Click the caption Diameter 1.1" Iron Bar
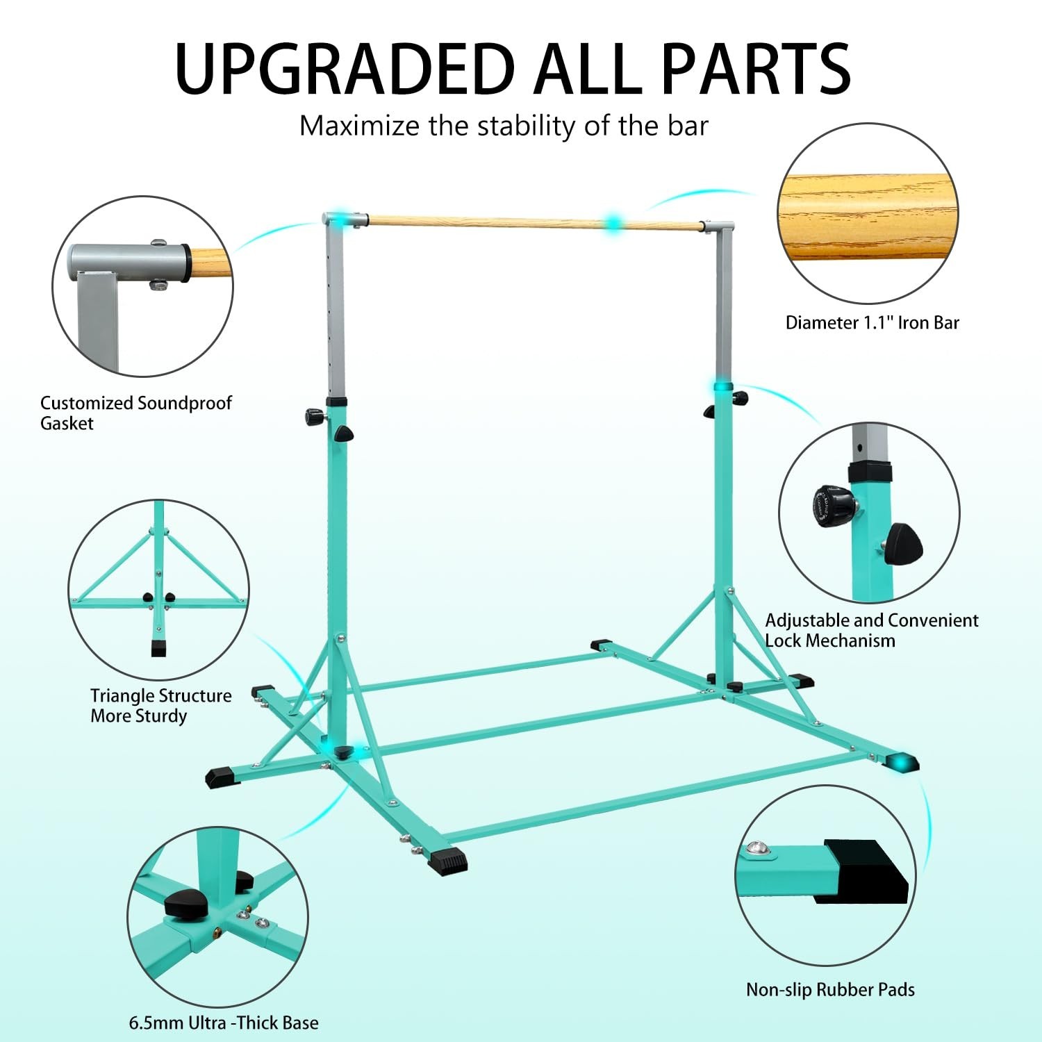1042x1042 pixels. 872,323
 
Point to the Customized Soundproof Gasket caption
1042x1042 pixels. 135,413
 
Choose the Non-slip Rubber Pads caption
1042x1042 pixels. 830,990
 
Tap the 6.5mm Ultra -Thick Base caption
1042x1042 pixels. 224,1023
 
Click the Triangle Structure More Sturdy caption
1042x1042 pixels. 160,705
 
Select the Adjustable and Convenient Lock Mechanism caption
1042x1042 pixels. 871,630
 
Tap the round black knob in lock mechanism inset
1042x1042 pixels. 833,505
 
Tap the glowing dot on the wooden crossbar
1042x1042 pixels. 613,224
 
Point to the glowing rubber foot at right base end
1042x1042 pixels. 902,763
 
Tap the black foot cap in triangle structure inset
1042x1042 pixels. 160,648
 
